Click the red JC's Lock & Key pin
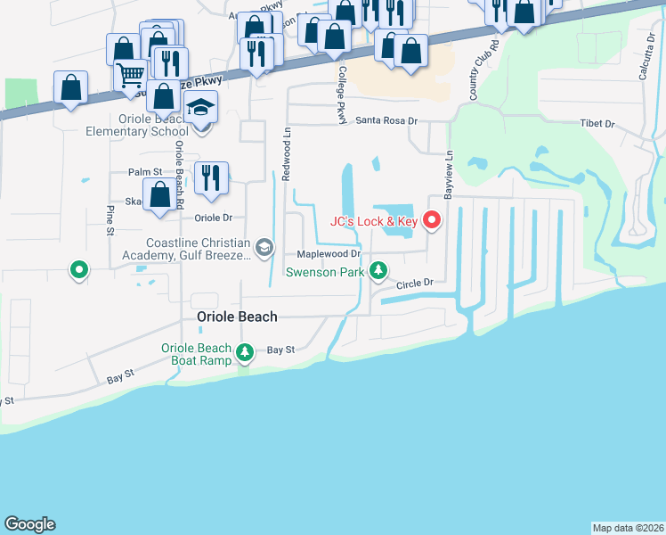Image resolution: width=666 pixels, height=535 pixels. pyautogui.click(x=433, y=218)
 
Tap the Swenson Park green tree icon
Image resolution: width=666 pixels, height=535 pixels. pyautogui.click(x=378, y=269)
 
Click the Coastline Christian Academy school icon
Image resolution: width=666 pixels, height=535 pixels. pyautogui.click(x=264, y=247)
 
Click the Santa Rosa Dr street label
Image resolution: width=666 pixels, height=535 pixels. pyautogui.click(x=386, y=120)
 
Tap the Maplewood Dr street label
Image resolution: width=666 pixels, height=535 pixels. pyautogui.click(x=321, y=253)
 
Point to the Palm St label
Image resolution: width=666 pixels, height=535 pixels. pyautogui.click(x=144, y=172)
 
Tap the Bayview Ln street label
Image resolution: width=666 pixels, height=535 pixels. pyautogui.click(x=449, y=168)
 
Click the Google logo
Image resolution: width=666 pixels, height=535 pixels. pyautogui.click(x=29, y=524)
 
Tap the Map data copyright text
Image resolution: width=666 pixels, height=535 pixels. pyautogui.click(x=627, y=528)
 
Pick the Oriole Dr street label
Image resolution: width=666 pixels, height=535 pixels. pyautogui.click(x=213, y=217)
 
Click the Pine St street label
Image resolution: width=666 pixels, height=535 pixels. pyautogui.click(x=110, y=221)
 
